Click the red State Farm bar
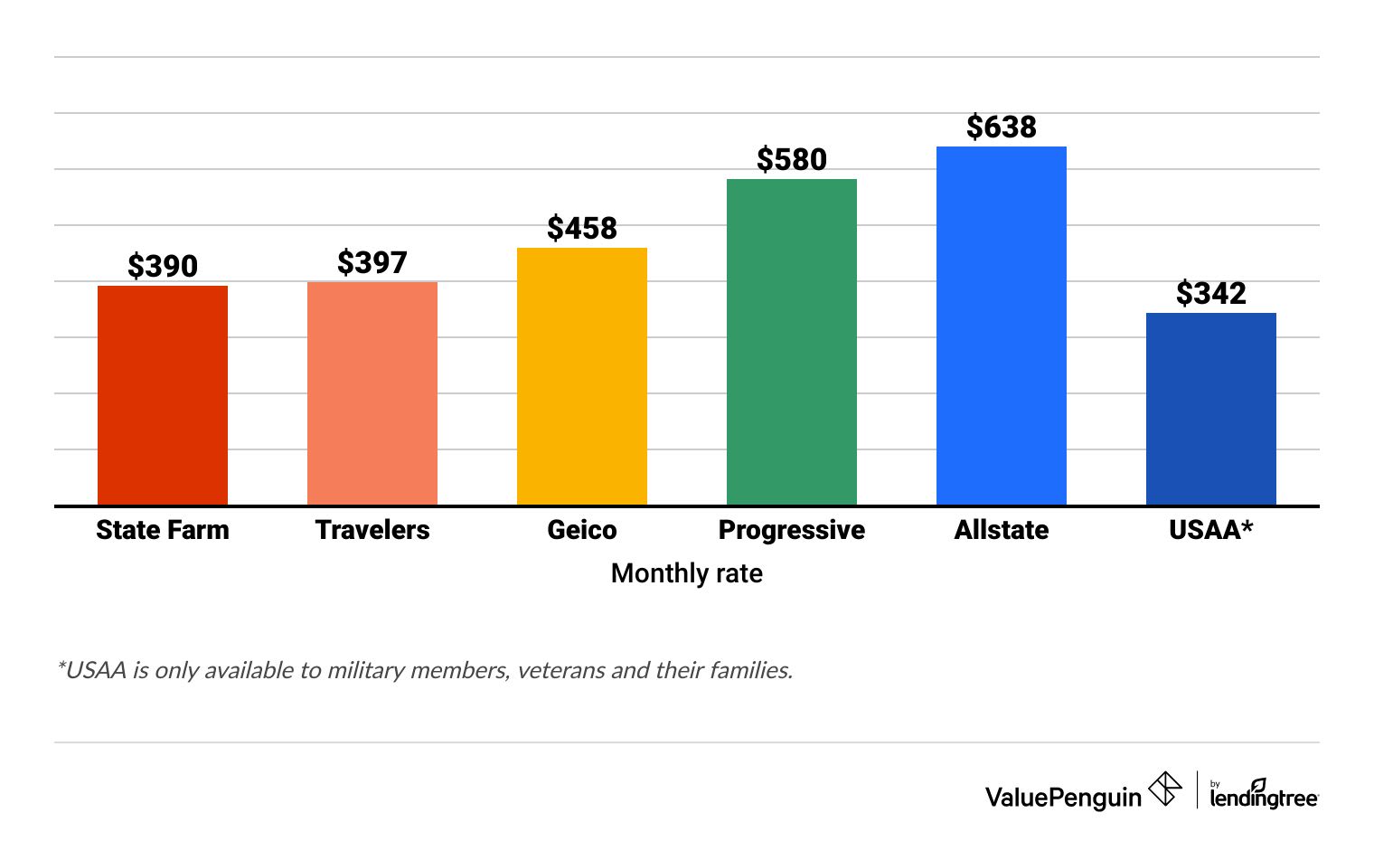click(163, 395)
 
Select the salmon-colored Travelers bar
click(372, 393)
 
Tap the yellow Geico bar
click(582, 376)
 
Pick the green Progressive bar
click(792, 342)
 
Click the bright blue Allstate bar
click(1002, 326)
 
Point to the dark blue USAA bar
click(1211, 409)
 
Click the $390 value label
click(163, 266)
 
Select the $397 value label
click(372, 262)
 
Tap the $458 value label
click(582, 228)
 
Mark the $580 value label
click(792, 159)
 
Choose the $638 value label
click(1002, 127)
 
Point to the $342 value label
click(1211, 293)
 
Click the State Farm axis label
click(163, 530)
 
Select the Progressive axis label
click(792, 530)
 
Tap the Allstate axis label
click(1002, 530)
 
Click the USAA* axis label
click(1211, 530)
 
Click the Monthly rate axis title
click(687, 573)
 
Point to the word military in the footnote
click(366, 670)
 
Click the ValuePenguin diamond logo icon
click(1165, 789)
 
